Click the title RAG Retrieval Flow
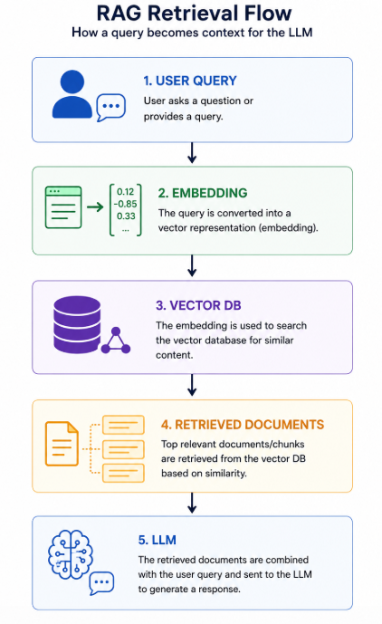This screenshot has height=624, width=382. coord(194,14)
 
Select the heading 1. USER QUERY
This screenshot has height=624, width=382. coord(190,81)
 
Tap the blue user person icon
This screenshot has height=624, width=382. coord(72,94)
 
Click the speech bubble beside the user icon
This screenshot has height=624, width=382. coord(111,107)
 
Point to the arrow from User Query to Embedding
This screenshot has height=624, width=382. coord(192,153)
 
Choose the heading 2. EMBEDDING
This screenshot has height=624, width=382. coord(203,193)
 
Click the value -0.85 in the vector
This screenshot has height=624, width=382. coord(125,204)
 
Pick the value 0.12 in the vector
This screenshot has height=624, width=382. coord(125,191)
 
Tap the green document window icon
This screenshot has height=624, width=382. coord(63,207)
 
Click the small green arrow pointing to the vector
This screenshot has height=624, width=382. coord(95,206)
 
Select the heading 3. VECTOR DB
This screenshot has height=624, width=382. coord(198,305)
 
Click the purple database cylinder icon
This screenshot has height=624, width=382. coord(77,325)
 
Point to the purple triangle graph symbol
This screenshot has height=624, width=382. coord(116,341)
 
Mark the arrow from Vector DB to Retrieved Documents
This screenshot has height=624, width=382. coord(192,385)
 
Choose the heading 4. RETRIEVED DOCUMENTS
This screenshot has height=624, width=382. coord(243,425)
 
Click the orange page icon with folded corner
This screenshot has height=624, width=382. coord(62,444)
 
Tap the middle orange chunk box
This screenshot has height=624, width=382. coord(123,449)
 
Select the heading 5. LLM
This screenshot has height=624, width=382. coord(158,540)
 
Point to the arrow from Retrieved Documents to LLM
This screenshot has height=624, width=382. coord(192,503)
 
